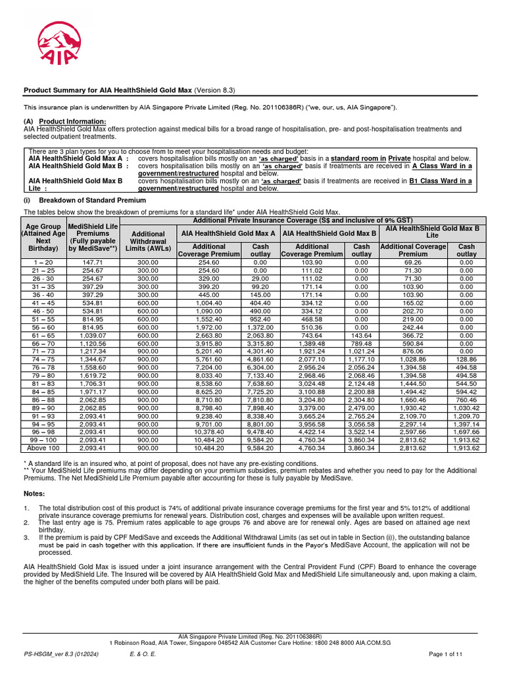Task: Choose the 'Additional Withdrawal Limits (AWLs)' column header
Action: click(148, 240)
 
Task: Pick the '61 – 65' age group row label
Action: click(42, 335)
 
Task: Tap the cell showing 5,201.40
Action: click(208, 352)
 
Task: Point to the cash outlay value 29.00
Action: click(260, 278)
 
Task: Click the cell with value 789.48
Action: click(361, 343)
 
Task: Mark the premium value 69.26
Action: click(413, 262)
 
